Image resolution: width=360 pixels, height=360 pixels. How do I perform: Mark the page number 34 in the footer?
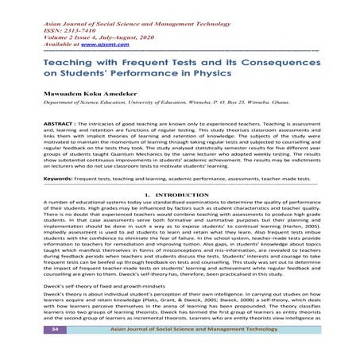[x=54, y=350]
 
